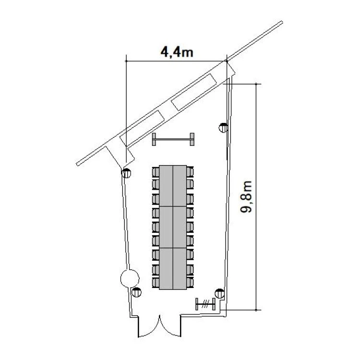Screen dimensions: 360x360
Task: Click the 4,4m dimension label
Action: (177, 52)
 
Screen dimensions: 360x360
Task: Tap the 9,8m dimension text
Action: (246, 197)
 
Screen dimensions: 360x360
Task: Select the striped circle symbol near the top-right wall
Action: (223, 128)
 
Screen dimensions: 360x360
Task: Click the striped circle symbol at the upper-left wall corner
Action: (126, 173)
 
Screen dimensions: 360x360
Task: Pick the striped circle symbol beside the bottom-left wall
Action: (137, 292)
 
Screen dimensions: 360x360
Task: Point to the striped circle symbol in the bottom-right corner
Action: (219, 294)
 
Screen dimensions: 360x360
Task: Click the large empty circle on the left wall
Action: (130, 278)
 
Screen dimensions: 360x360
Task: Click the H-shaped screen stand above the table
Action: (173, 139)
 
